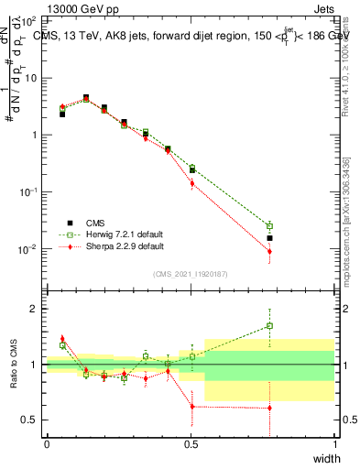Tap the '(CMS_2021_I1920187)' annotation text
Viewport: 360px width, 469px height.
pyautogui.click(x=191, y=273)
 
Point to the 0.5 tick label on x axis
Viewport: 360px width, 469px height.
pyautogui.click(x=191, y=444)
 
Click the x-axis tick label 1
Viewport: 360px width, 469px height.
pyautogui.click(x=333, y=444)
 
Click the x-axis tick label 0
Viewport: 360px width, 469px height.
pyautogui.click(x=47, y=444)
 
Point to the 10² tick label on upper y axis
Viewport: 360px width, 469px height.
pyautogui.click(x=29, y=20)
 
